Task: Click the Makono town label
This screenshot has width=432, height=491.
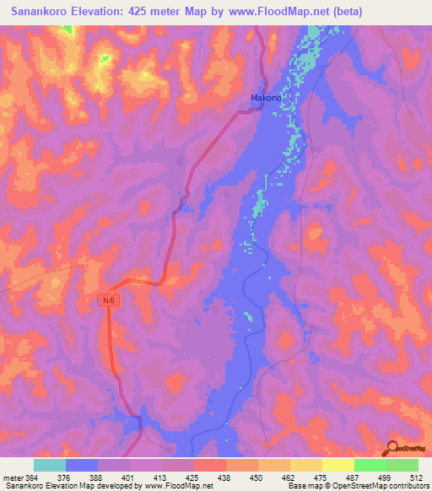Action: (265, 98)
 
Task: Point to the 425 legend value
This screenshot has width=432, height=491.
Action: (193, 477)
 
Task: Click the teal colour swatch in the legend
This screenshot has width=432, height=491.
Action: (50, 465)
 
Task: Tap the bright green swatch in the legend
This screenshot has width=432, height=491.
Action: (370, 465)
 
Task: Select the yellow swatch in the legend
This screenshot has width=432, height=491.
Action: (337, 465)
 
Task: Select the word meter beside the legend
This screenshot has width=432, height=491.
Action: (14, 477)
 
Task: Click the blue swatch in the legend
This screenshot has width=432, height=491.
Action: (82, 465)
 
